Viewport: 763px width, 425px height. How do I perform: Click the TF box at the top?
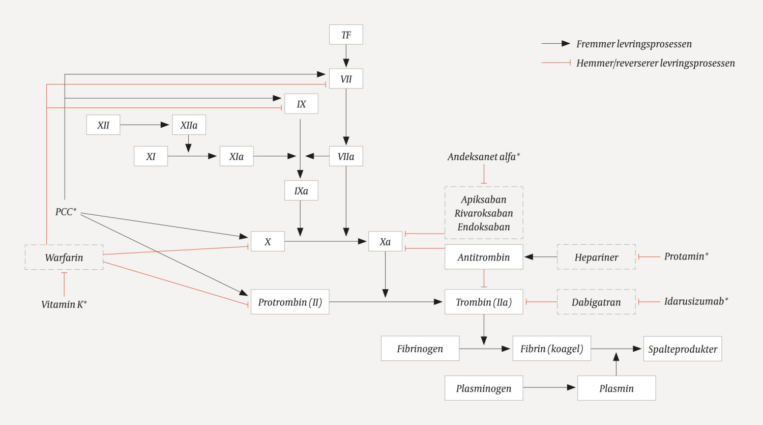click(x=346, y=35)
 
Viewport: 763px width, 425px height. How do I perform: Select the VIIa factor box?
click(x=346, y=156)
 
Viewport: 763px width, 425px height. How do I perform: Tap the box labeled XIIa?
click(x=189, y=125)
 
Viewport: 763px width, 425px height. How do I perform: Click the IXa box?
click(x=301, y=190)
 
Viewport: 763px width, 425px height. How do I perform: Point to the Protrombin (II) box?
click(x=290, y=302)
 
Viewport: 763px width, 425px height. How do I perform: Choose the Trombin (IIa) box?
click(x=484, y=302)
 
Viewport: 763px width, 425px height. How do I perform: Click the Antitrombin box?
click(x=484, y=257)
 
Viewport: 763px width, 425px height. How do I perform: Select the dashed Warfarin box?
click(x=64, y=257)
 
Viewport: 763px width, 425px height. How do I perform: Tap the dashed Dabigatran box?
click(x=596, y=302)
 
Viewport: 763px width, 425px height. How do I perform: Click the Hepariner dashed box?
click(x=596, y=257)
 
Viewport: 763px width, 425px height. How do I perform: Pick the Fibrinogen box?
click(x=420, y=349)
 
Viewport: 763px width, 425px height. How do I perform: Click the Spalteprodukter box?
click(x=683, y=349)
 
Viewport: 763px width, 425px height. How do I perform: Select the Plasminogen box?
click(x=484, y=388)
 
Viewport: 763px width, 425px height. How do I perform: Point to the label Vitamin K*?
click(x=64, y=304)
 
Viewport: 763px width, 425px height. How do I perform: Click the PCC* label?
click(x=66, y=212)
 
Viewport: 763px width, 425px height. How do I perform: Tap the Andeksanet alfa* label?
click(x=484, y=157)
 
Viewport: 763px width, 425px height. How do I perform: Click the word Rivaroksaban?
click(x=484, y=213)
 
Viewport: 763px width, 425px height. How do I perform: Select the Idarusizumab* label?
click(x=696, y=301)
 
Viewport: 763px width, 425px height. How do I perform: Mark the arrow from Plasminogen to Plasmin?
click(x=549, y=387)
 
